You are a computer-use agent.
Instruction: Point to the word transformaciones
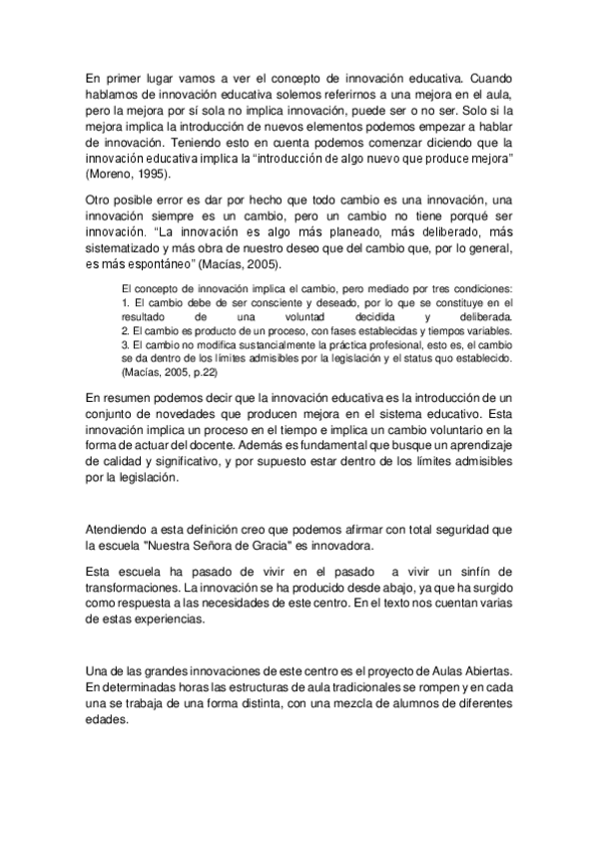(x=134, y=589)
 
